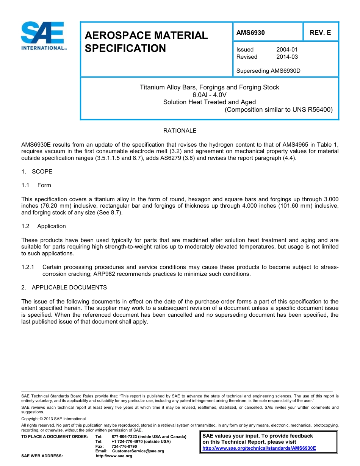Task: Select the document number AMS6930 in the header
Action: pyautogui.click(x=250, y=33)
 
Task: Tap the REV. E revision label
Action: pyautogui.click(x=320, y=33)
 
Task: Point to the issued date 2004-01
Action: pyautogui.click(x=287, y=50)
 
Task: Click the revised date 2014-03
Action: pyautogui.click(x=287, y=57)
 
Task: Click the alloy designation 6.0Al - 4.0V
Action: pyautogui.click(x=209, y=95)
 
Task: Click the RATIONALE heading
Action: pyautogui.click(x=180, y=131)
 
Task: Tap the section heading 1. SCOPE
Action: pyautogui.click(x=37, y=172)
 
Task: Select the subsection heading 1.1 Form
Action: pyautogui.click(x=36, y=185)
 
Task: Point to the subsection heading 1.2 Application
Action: pyautogui.click(x=44, y=226)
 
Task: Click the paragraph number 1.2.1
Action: pyautogui.click(x=28, y=267)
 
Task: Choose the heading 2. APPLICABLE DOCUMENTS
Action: pyautogui.click(x=64, y=288)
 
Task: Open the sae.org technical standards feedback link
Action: pyautogui.click(x=259, y=448)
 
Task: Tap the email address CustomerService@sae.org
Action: pyautogui.click(x=138, y=451)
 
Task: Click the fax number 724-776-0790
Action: pyautogui.click(x=124, y=446)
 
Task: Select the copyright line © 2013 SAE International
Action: pyautogui.click(x=53, y=419)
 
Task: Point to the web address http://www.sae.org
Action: pyautogui.click(x=114, y=456)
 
